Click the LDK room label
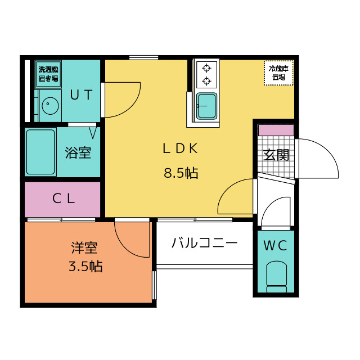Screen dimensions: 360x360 click(180, 148)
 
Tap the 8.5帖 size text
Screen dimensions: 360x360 click(181, 173)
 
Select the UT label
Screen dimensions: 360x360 click(81, 95)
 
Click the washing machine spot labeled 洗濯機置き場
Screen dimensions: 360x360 click(48, 74)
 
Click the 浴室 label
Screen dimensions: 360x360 click(78, 153)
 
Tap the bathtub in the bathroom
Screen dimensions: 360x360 click(40, 152)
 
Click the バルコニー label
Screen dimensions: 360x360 click(204, 244)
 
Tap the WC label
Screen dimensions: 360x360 click(276, 245)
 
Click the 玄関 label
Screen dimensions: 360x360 click(277, 154)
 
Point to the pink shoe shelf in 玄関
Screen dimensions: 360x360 click(276, 130)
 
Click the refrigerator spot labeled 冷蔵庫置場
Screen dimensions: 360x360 click(278, 73)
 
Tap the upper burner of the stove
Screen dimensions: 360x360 click(206, 69)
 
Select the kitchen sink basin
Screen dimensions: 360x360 click(206, 105)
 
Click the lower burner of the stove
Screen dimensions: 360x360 click(206, 82)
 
